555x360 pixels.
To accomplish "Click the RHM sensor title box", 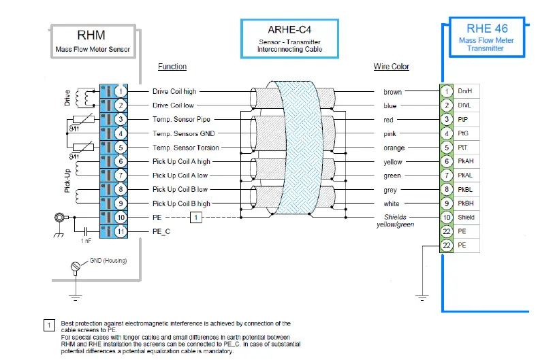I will tap(93, 41).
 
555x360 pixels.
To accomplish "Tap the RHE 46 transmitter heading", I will tap(487, 35).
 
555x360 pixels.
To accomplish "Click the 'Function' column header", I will tap(172, 67).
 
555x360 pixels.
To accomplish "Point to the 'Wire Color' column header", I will tap(392, 67).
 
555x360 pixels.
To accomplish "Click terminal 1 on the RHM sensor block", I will tap(120, 91).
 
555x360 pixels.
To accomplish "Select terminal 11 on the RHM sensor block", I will tap(120, 232).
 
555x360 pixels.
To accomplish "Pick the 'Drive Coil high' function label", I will tap(174, 91).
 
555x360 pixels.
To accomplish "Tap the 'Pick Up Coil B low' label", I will tap(180, 190).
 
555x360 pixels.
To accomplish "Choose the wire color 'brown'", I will tap(393, 92).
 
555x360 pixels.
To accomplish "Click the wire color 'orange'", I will tap(394, 148).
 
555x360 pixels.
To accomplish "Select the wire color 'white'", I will tap(392, 204).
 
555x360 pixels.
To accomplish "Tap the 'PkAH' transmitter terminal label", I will tap(466, 161).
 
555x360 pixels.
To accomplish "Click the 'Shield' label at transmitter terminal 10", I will tap(466, 218).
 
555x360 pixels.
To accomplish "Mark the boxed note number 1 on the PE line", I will tap(196, 218).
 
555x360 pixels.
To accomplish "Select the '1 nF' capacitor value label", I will tap(86, 241).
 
